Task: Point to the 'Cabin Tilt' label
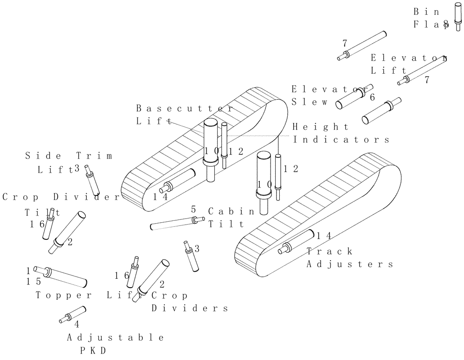[x=231, y=218]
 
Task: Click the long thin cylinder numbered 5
[x=176, y=223]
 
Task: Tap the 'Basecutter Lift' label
[x=184, y=115]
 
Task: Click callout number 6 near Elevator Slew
[x=372, y=97]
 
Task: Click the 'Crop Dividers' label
[x=189, y=302]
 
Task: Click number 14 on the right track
[x=324, y=236]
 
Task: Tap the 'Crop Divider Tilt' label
[x=60, y=204]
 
